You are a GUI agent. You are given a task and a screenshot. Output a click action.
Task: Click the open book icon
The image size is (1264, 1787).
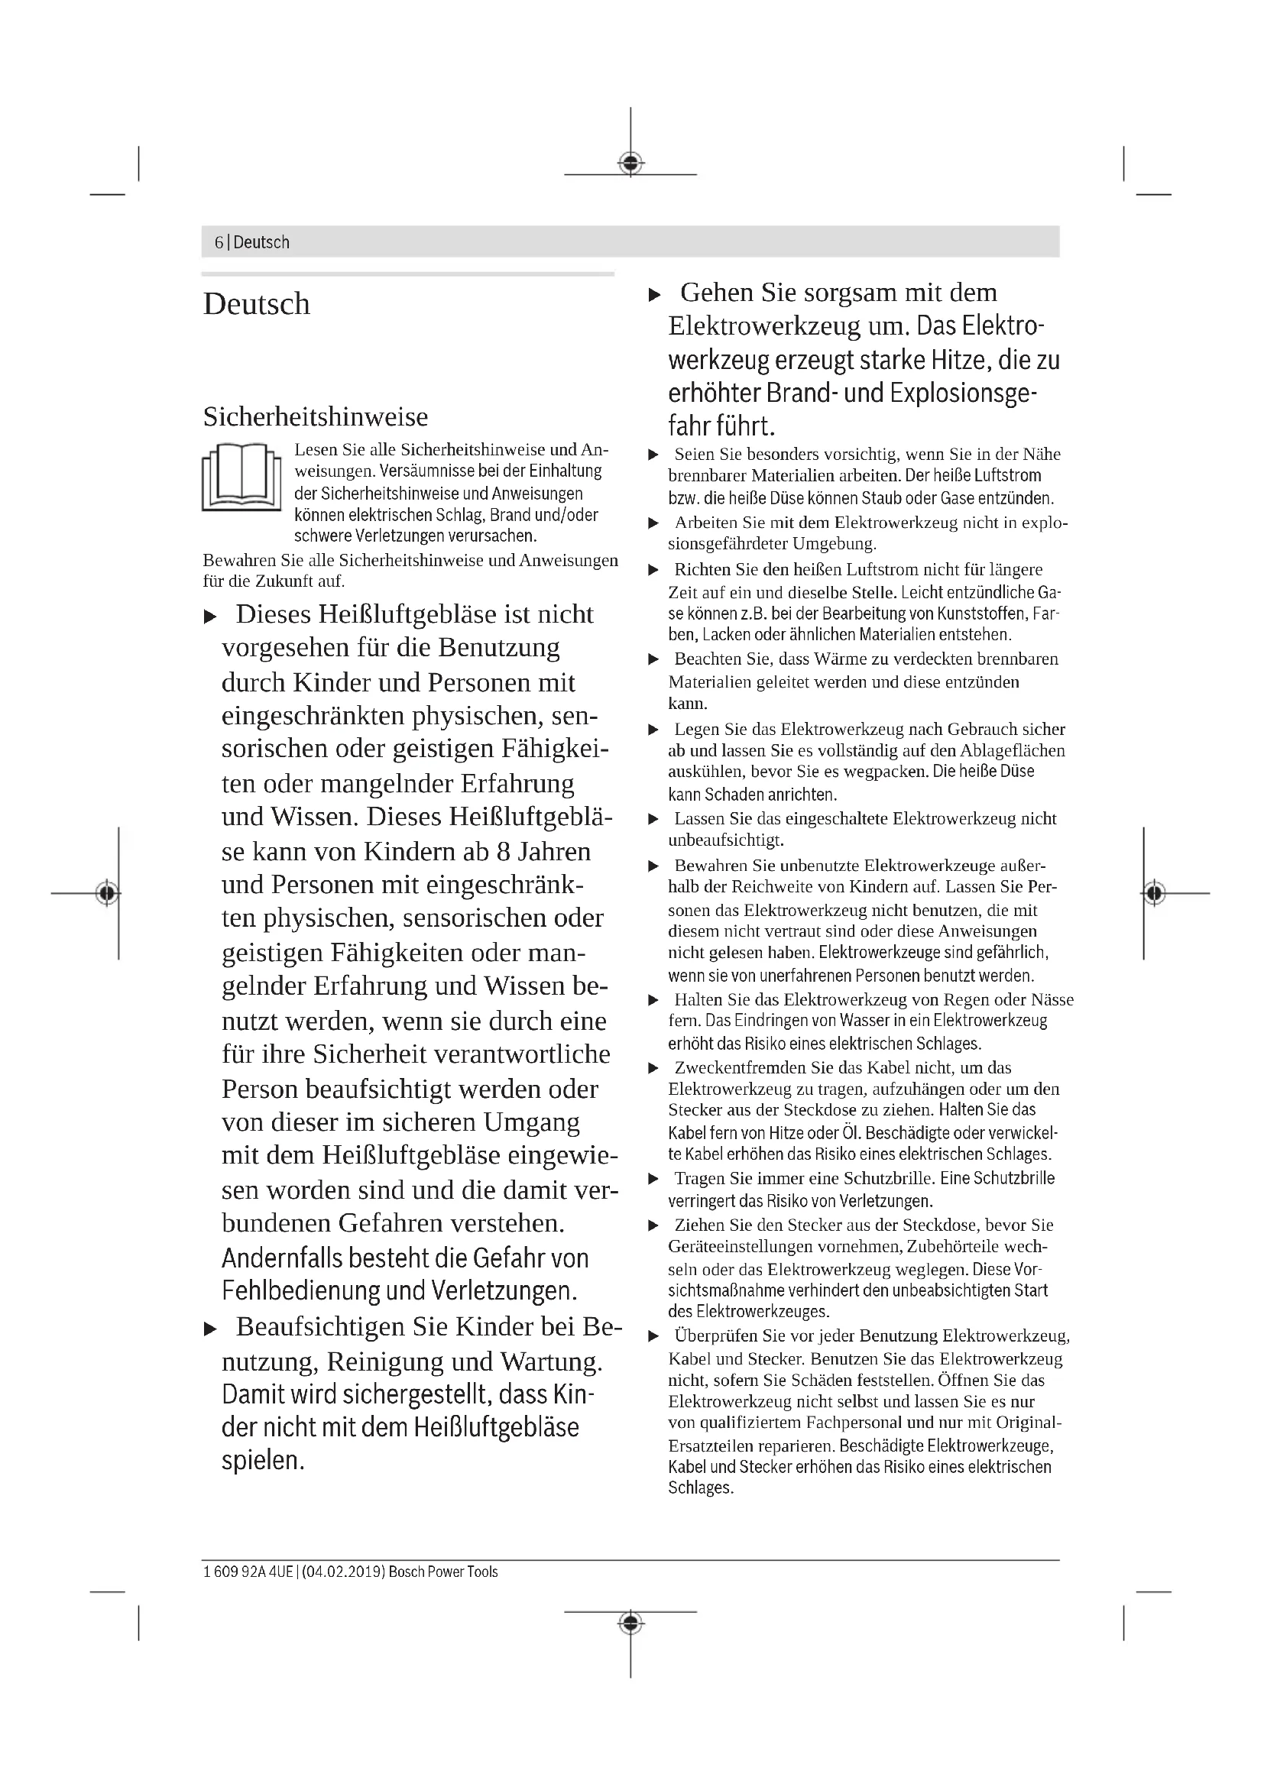pyautogui.click(x=241, y=476)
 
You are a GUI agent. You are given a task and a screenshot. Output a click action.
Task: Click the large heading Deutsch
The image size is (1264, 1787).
pyautogui.click(x=256, y=303)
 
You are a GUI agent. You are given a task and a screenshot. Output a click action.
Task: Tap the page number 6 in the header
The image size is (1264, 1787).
pyautogui.click(x=219, y=242)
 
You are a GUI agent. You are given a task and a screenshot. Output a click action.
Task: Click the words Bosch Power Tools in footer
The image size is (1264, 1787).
pyautogui.click(x=443, y=1572)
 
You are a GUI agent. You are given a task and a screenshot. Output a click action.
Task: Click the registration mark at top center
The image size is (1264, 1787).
pyautogui.click(x=630, y=163)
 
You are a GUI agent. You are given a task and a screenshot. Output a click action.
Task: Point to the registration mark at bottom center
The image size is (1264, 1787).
pyautogui.click(x=630, y=1623)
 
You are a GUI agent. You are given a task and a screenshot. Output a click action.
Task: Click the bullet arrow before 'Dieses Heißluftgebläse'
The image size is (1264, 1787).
pyautogui.click(x=209, y=617)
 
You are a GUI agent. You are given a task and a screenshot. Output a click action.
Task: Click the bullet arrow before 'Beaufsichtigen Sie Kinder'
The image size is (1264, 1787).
pyautogui.click(x=209, y=1329)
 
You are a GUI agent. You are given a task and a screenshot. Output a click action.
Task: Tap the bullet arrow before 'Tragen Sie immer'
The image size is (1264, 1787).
pyautogui.click(x=654, y=1179)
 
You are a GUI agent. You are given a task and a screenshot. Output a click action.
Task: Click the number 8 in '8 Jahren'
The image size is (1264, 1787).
pyautogui.click(x=503, y=851)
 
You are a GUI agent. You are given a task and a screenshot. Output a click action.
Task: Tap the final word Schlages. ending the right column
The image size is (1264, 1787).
pyautogui.click(x=701, y=1488)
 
